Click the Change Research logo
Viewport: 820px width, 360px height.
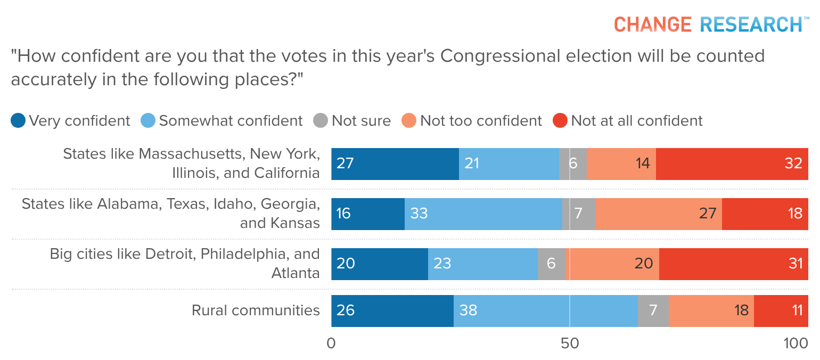click(708, 24)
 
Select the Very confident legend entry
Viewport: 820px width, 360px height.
click(71, 121)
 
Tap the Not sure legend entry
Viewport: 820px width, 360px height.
click(352, 121)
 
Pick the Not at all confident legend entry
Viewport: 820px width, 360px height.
click(629, 121)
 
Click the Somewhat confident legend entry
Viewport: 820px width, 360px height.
click(222, 121)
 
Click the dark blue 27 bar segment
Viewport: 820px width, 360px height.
click(395, 163)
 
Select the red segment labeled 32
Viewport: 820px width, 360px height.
click(732, 163)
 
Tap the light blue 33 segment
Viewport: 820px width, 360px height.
click(483, 214)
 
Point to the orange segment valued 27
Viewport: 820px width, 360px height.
click(658, 214)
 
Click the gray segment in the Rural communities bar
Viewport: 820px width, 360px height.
click(653, 310)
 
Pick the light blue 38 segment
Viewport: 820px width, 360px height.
click(545, 310)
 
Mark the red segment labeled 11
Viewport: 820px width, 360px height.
click(781, 310)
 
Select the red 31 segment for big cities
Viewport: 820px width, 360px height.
click(733, 264)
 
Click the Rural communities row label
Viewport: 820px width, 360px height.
click(256, 310)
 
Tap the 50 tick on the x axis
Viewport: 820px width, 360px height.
click(570, 344)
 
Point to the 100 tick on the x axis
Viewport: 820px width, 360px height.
click(796, 344)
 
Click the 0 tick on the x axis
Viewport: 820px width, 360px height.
click(331, 344)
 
